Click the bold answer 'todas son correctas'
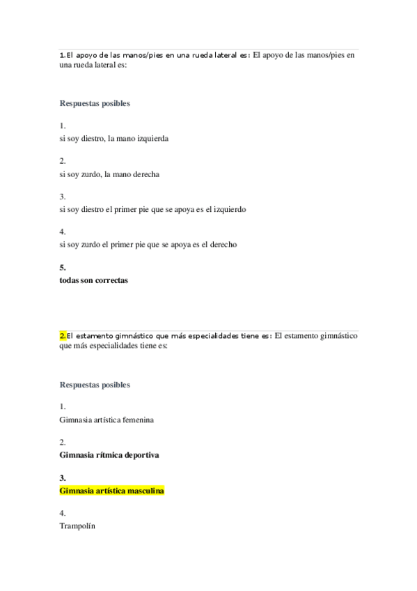(x=94, y=280)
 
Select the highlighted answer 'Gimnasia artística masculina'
(x=112, y=491)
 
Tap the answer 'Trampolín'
(x=77, y=526)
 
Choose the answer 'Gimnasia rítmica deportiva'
(x=109, y=455)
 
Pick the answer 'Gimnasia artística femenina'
(x=107, y=420)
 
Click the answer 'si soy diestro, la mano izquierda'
(x=114, y=139)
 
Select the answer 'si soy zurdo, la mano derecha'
(x=109, y=174)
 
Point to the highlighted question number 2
(x=63, y=335)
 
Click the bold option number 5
(x=63, y=268)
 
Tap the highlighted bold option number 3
(x=63, y=478)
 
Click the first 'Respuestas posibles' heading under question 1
(x=95, y=104)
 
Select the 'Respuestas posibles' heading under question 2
(x=95, y=384)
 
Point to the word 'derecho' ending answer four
(x=224, y=245)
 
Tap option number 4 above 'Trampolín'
(x=63, y=513)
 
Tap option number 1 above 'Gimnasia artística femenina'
(x=63, y=407)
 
